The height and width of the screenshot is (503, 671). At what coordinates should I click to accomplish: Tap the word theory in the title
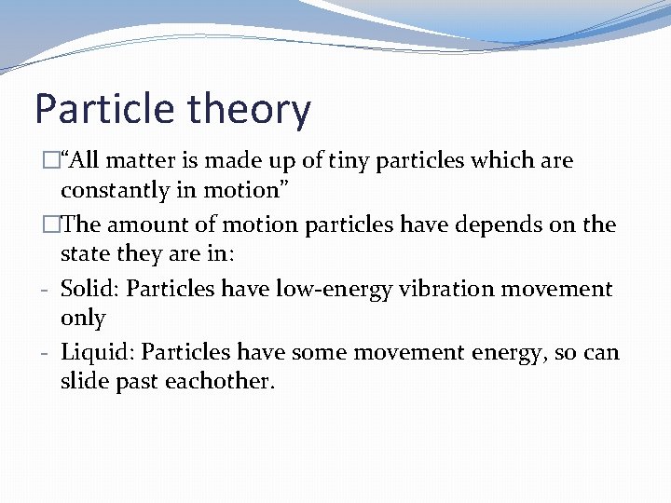pos(248,109)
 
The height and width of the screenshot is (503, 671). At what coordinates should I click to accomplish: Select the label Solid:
pos(89,289)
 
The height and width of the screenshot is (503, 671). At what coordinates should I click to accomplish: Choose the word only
pos(83,319)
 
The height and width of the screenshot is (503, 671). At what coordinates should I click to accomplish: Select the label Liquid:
pos(98,352)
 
